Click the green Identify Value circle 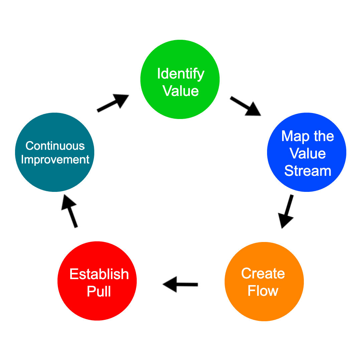coord(180,80)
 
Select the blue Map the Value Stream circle coord(307,152)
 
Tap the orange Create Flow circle coord(264,281)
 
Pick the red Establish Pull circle coord(97,281)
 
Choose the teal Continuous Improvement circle coord(54,152)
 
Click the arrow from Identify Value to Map coord(245,106)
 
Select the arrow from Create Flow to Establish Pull coord(180,284)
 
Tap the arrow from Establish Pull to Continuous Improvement coord(69,211)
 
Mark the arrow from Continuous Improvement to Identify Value coord(113,103)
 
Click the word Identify coord(181,74)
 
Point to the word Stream coord(308,171)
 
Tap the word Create coord(263,273)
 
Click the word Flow coord(263,291)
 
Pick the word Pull coord(99,291)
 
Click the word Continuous coord(55,146)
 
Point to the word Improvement coord(55,160)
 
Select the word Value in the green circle coord(181,91)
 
